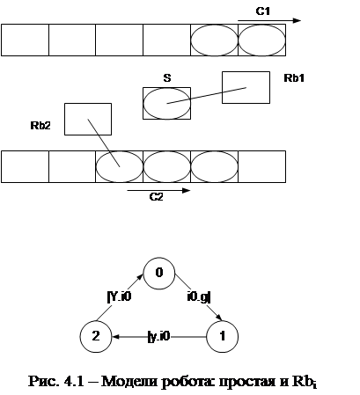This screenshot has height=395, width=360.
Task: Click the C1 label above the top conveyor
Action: click(x=263, y=11)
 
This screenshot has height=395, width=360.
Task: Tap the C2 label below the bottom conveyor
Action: click(x=156, y=197)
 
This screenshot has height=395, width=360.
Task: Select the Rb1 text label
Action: click(x=294, y=78)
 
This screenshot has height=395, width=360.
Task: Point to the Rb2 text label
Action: click(x=40, y=126)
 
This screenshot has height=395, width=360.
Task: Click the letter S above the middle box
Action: click(x=167, y=78)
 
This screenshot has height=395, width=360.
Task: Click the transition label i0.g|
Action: click(x=199, y=297)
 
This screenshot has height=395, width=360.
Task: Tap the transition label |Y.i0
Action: click(x=120, y=296)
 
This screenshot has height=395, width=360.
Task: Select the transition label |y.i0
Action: click(x=158, y=336)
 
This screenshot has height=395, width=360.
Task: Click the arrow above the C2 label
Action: click(x=158, y=191)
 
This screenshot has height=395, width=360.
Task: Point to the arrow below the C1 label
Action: click(x=269, y=20)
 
